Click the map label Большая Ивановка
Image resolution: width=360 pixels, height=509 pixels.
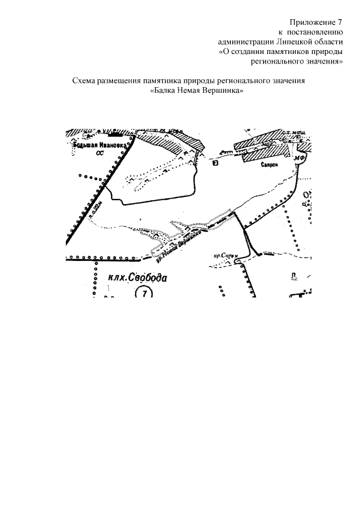pyautogui.click(x=97, y=146)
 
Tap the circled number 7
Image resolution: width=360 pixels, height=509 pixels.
pyautogui.click(x=145, y=293)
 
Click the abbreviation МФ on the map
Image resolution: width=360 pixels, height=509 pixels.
pyautogui.click(x=302, y=159)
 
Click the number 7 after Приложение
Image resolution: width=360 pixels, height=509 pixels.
pyautogui.click(x=339, y=22)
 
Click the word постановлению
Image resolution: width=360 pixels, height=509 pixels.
pyautogui.click(x=316, y=32)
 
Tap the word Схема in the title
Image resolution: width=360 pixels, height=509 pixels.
pyautogui.click(x=84, y=80)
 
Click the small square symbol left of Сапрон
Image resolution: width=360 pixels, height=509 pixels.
pyautogui.click(x=215, y=164)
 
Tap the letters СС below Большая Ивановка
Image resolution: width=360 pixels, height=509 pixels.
pyautogui.click(x=100, y=153)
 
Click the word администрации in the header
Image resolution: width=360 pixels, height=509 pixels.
pyautogui.click(x=246, y=42)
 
